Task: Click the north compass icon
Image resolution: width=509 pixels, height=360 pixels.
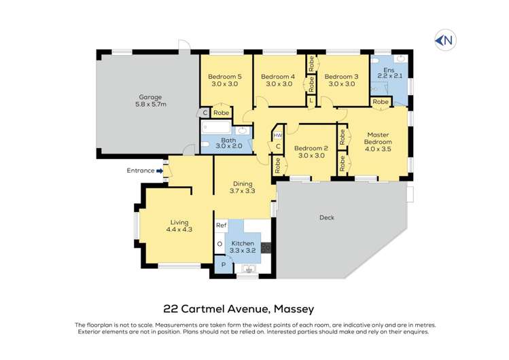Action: [x=444, y=41]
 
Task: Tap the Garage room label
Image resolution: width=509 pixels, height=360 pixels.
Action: [x=150, y=97]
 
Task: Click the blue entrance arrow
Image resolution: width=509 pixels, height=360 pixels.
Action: [x=160, y=171]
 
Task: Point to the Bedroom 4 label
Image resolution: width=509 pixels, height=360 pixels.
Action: [x=277, y=76]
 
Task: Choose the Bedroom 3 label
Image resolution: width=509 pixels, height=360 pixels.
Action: [x=340, y=76]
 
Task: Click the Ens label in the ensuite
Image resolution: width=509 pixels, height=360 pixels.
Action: [x=389, y=70]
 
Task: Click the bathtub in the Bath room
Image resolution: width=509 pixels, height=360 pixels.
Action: [x=216, y=130]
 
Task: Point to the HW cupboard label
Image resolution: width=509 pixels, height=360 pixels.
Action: [x=277, y=134]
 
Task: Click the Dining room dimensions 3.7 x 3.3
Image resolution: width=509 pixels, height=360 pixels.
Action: [x=243, y=192]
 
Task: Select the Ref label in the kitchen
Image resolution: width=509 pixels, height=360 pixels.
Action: [x=221, y=225]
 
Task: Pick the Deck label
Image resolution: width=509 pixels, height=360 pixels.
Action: [x=327, y=217]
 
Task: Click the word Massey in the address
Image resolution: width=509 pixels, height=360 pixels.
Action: [x=293, y=308]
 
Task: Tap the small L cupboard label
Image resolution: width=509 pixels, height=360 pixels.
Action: [x=311, y=101]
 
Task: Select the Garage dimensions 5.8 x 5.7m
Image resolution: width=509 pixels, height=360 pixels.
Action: [x=150, y=105]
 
